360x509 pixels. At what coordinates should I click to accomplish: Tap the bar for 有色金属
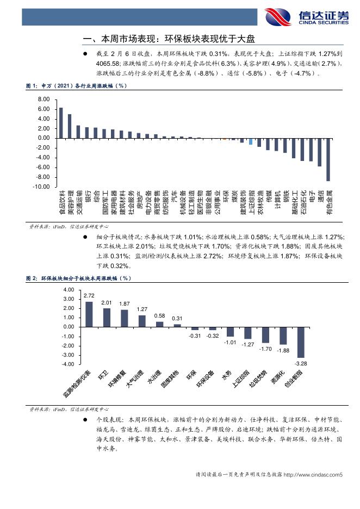click(328, 159)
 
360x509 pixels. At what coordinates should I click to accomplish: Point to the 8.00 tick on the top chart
click(43, 100)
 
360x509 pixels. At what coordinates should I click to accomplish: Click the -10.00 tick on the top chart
click(42, 187)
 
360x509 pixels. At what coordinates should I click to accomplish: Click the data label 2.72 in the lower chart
click(89, 295)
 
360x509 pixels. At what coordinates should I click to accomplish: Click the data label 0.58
click(159, 315)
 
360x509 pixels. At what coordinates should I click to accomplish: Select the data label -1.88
click(283, 351)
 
